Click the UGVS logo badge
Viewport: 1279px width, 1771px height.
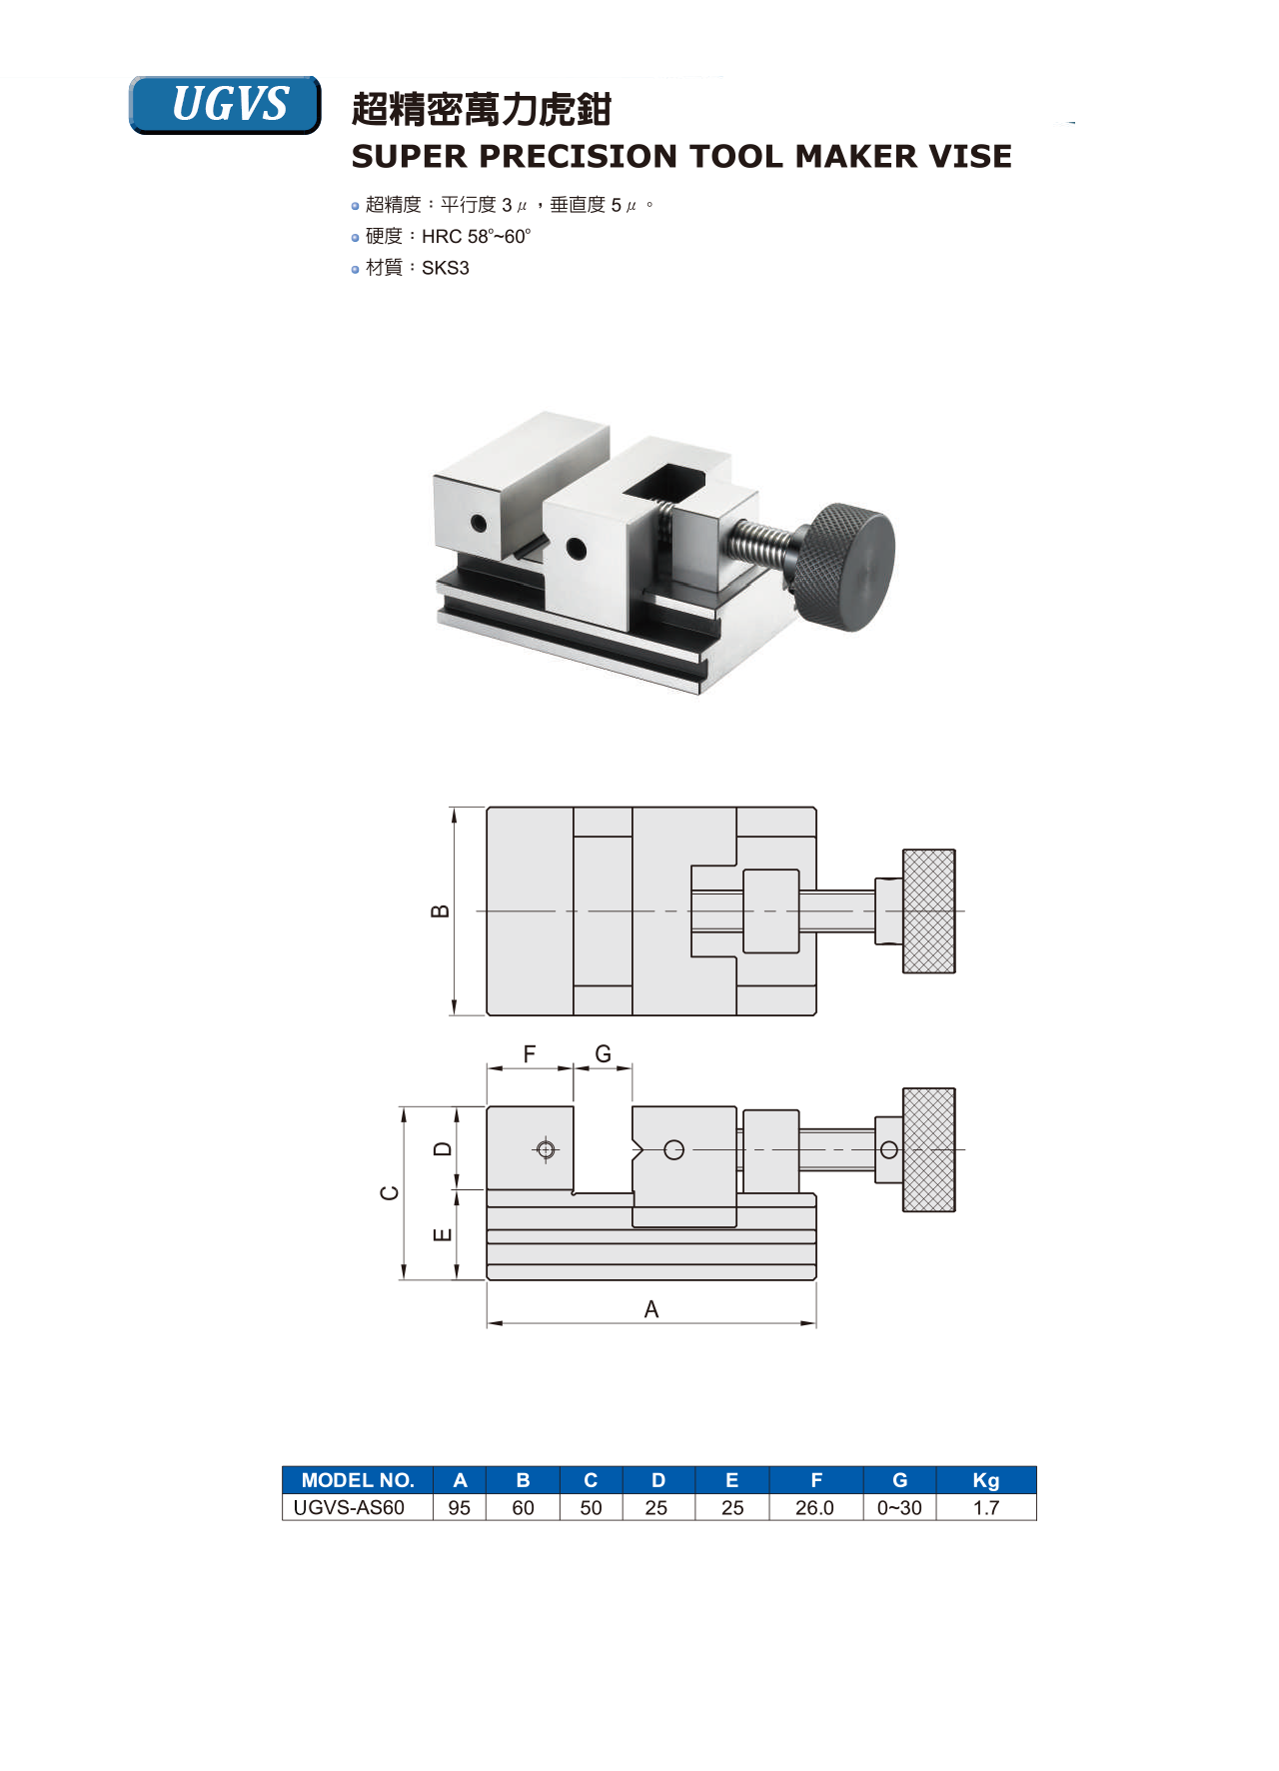coord(225,104)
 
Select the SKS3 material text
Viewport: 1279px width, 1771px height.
coord(446,268)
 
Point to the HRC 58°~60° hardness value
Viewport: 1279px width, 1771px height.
coord(477,237)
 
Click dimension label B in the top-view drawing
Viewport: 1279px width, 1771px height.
coord(440,911)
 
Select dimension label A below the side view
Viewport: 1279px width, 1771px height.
coord(651,1309)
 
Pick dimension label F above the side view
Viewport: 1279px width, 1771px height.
coord(530,1053)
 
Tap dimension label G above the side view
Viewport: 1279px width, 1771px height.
coord(603,1053)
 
